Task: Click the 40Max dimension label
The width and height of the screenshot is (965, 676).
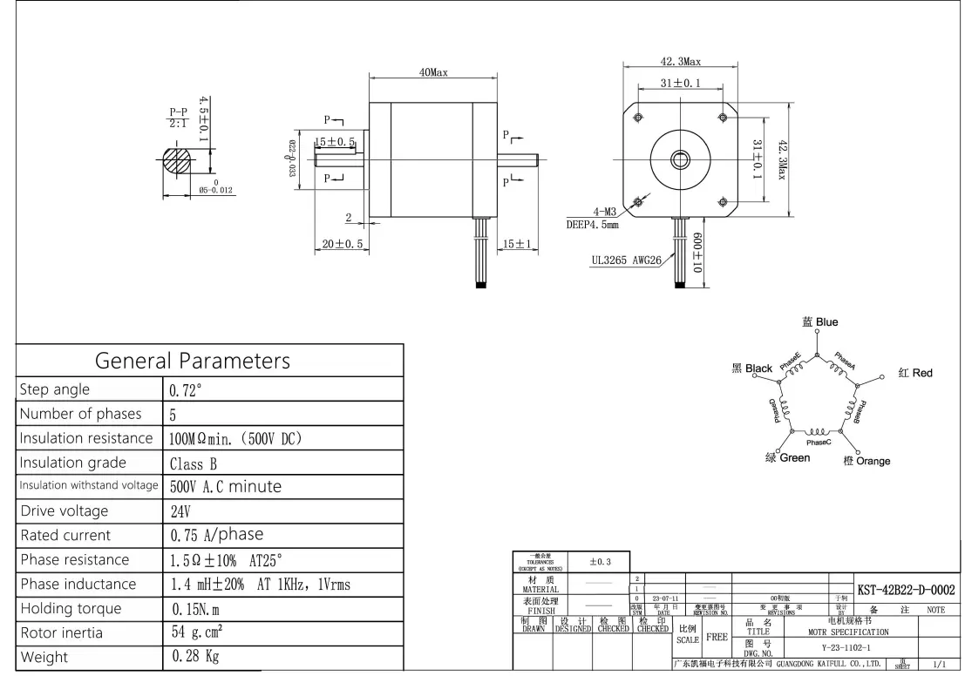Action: (433, 72)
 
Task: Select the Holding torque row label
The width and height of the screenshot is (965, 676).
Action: (71, 608)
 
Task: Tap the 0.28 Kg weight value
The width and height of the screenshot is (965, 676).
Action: (195, 656)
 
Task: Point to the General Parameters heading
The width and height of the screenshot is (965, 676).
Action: (192, 360)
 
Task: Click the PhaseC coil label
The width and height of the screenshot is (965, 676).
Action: (819, 443)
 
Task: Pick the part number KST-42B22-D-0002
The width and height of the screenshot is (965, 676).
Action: (906, 591)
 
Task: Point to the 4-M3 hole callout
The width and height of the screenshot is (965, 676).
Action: (605, 212)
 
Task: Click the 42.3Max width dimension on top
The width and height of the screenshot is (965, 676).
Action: (681, 62)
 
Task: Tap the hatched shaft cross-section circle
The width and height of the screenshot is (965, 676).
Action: (180, 160)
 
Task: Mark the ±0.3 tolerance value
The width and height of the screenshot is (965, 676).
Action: (599, 562)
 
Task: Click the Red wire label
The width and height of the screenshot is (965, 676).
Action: (915, 373)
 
